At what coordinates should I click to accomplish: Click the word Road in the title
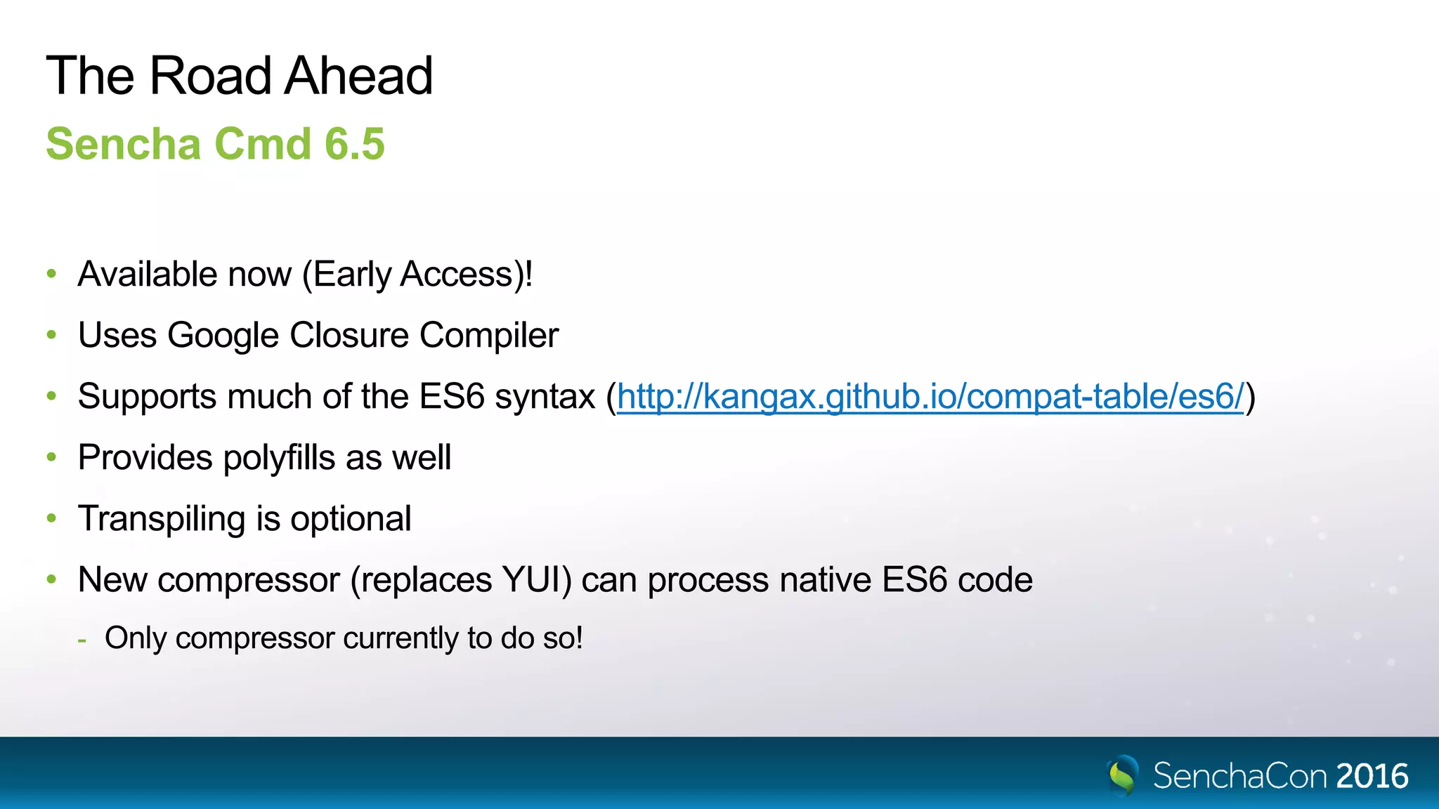[x=209, y=76]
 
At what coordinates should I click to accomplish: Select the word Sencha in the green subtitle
[x=124, y=144]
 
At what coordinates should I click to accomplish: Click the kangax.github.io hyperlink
[x=930, y=397]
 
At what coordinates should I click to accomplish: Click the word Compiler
[x=488, y=336]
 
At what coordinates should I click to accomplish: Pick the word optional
[x=351, y=520]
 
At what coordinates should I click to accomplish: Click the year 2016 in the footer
[x=1372, y=777]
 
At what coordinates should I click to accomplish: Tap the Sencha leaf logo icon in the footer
[x=1122, y=775]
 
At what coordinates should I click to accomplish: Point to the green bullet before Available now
[x=51, y=274]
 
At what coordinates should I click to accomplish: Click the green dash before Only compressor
[x=82, y=640]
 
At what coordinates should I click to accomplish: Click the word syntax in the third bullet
[x=545, y=397]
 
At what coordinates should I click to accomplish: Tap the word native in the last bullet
[x=825, y=580]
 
